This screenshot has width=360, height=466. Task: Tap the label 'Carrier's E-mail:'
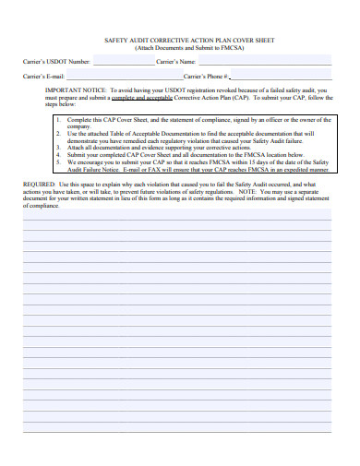(43, 76)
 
